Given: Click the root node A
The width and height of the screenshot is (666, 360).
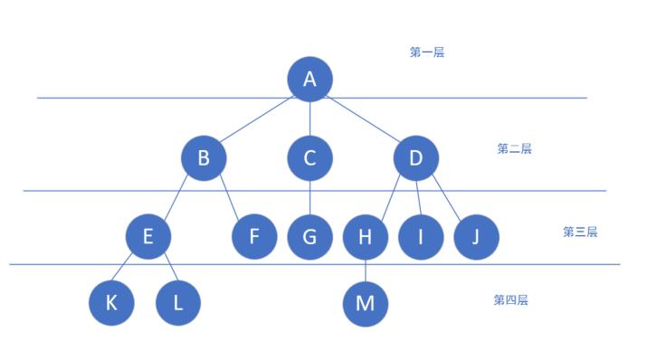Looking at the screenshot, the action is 309,79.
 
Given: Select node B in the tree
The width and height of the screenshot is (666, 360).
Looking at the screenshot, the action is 204,158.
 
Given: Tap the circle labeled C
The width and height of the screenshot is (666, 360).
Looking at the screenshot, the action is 309,158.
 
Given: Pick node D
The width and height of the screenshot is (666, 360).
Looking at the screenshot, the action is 416,158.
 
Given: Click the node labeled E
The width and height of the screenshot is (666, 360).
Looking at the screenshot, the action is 148,236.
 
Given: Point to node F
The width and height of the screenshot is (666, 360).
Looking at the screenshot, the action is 254,236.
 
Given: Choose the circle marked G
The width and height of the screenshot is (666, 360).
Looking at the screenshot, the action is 309,237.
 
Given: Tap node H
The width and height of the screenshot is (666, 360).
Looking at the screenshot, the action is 366,237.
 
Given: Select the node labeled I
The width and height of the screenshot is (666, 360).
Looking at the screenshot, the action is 421,237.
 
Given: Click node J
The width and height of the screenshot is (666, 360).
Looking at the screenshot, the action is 476,237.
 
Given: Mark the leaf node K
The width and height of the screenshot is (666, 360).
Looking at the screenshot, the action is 111,303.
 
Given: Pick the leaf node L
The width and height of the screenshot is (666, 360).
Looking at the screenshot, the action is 178,303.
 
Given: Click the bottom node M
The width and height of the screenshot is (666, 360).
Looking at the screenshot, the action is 366,304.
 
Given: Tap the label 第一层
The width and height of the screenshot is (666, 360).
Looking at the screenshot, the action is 427,52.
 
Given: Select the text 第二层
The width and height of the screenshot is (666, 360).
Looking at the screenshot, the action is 514,148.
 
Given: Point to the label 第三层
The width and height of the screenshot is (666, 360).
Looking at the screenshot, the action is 580,232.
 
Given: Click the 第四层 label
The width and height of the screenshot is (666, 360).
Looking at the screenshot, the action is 510,299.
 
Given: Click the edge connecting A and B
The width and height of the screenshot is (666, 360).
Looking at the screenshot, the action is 257,118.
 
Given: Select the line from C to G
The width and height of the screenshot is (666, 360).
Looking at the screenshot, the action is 309,198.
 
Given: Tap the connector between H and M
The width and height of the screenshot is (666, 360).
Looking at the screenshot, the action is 366,270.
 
